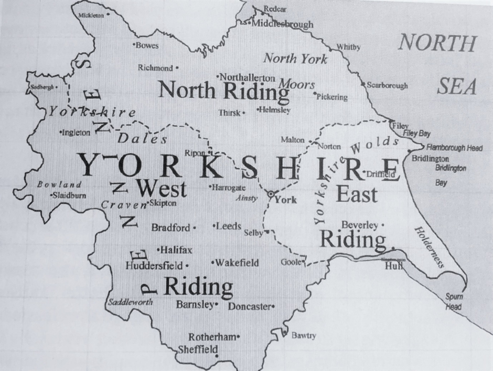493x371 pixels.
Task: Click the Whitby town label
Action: coord(349,47)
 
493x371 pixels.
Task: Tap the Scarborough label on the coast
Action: coord(387,85)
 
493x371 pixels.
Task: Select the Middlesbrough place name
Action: coord(282,24)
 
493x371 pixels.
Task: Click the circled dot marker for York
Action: coord(271,194)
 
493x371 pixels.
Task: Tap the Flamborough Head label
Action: coord(454,148)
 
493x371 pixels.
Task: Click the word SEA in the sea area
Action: coord(457,87)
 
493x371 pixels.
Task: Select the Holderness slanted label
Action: coord(430,247)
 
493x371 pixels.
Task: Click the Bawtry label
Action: coord(304,335)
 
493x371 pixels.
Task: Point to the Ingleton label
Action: coord(77,132)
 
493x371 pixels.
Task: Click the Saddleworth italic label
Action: coord(130,302)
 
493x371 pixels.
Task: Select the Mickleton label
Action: coord(91,15)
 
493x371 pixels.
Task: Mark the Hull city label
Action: coord(393,266)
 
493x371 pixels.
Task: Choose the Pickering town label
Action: coord(332,97)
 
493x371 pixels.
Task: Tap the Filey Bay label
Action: coord(417,134)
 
